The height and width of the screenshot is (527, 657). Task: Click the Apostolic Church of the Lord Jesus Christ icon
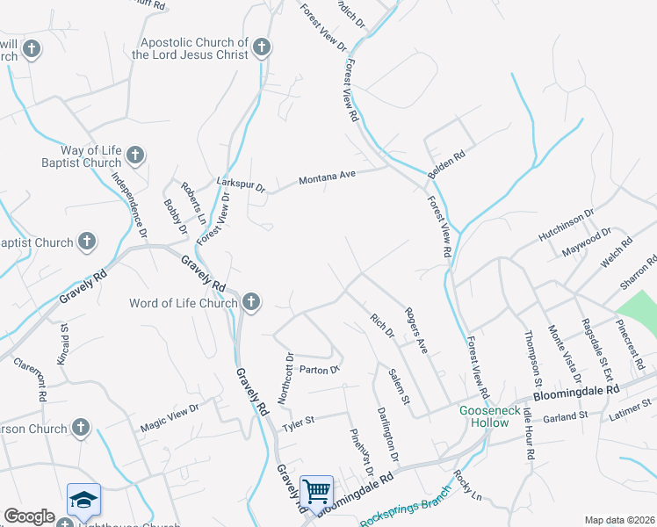(262, 47)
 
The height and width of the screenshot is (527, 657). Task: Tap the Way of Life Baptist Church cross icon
(134, 156)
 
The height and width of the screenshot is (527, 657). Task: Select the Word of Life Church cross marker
(251, 303)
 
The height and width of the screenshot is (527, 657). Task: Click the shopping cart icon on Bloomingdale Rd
(315, 490)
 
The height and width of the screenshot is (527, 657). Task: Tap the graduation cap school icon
(84, 499)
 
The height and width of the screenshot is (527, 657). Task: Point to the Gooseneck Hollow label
(484, 416)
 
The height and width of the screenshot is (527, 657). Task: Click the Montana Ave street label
(327, 177)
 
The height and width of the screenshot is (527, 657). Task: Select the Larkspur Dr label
(240, 185)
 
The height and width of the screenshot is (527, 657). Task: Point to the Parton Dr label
(319, 370)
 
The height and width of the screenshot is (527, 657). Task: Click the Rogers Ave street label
(415, 330)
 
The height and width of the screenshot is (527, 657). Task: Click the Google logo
(29, 517)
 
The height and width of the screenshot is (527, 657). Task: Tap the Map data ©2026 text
(619, 520)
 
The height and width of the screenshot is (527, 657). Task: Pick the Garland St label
(564, 415)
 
